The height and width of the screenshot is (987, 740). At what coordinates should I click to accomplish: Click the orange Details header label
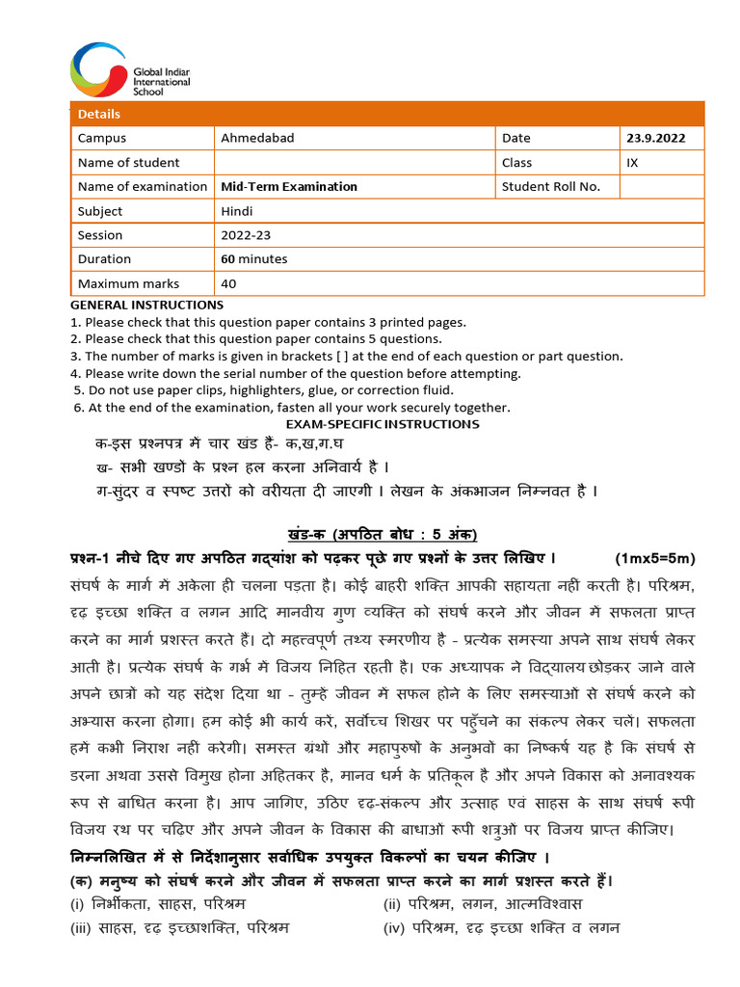pos(99,114)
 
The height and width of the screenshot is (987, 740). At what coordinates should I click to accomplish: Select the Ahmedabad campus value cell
pos(257,138)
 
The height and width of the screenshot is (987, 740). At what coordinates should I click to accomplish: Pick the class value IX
pos(632,162)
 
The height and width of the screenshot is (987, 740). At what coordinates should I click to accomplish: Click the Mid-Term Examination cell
pos(289,186)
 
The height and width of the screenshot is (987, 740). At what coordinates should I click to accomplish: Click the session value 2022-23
pos(245,235)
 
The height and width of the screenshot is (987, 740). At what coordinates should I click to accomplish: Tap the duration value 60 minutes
pos(254,259)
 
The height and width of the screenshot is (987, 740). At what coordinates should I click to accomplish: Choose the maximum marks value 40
pos(228,283)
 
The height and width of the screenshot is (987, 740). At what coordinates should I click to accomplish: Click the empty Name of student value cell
pos(354,162)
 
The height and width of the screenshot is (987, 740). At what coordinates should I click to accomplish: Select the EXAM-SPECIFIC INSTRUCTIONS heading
pos(383,424)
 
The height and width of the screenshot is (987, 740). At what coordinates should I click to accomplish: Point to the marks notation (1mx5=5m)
pos(654,559)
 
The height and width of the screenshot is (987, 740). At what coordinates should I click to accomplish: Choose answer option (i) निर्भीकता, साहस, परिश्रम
pos(158,904)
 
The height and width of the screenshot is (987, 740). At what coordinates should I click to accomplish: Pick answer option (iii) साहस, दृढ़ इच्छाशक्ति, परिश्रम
pos(179,928)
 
